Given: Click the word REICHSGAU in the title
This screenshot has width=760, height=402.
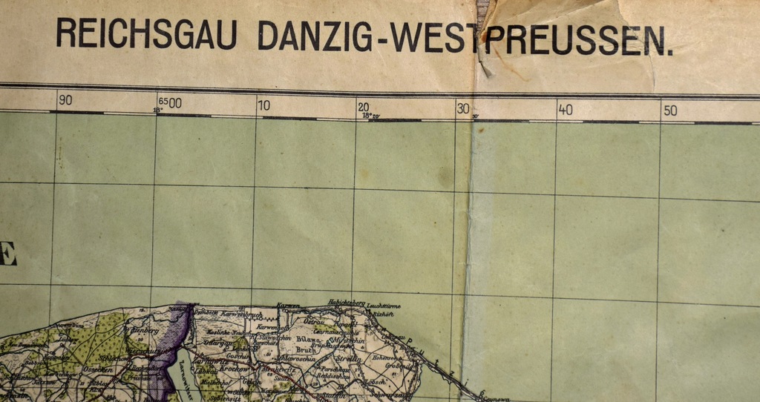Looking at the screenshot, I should tap(146, 34).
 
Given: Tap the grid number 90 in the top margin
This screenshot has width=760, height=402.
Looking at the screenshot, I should tap(65, 101).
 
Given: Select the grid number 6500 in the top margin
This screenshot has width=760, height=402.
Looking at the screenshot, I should tap(170, 103).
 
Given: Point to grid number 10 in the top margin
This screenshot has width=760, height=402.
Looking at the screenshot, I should tap(264, 105).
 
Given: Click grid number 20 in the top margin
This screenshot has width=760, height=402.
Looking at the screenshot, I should tap(363, 107).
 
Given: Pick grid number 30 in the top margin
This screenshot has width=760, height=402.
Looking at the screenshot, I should tap(463, 108).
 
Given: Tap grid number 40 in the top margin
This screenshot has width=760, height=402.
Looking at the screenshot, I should tap(566, 110).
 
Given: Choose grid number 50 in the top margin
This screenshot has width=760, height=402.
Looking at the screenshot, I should tap(670, 111).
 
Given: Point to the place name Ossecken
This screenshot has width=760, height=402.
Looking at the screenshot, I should tap(99, 369).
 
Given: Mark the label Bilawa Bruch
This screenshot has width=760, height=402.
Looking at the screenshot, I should tap(307, 343).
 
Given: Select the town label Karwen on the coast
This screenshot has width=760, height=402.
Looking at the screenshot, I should tap(288, 305).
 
